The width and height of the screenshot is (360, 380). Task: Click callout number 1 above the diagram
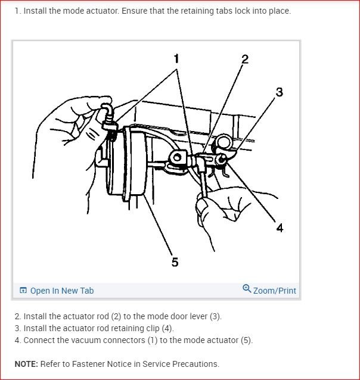176,58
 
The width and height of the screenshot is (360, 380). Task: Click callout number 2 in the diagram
244,59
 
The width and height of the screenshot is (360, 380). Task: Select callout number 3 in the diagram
279,92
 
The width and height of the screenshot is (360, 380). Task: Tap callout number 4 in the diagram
280,228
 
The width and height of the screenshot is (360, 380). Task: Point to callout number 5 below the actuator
175,262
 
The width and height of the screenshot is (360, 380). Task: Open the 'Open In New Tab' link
61,291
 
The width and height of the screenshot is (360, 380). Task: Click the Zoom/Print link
274,291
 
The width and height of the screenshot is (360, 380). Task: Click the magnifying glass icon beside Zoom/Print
247,289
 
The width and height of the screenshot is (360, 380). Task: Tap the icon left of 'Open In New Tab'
23,291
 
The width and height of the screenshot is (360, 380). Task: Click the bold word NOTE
26,364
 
